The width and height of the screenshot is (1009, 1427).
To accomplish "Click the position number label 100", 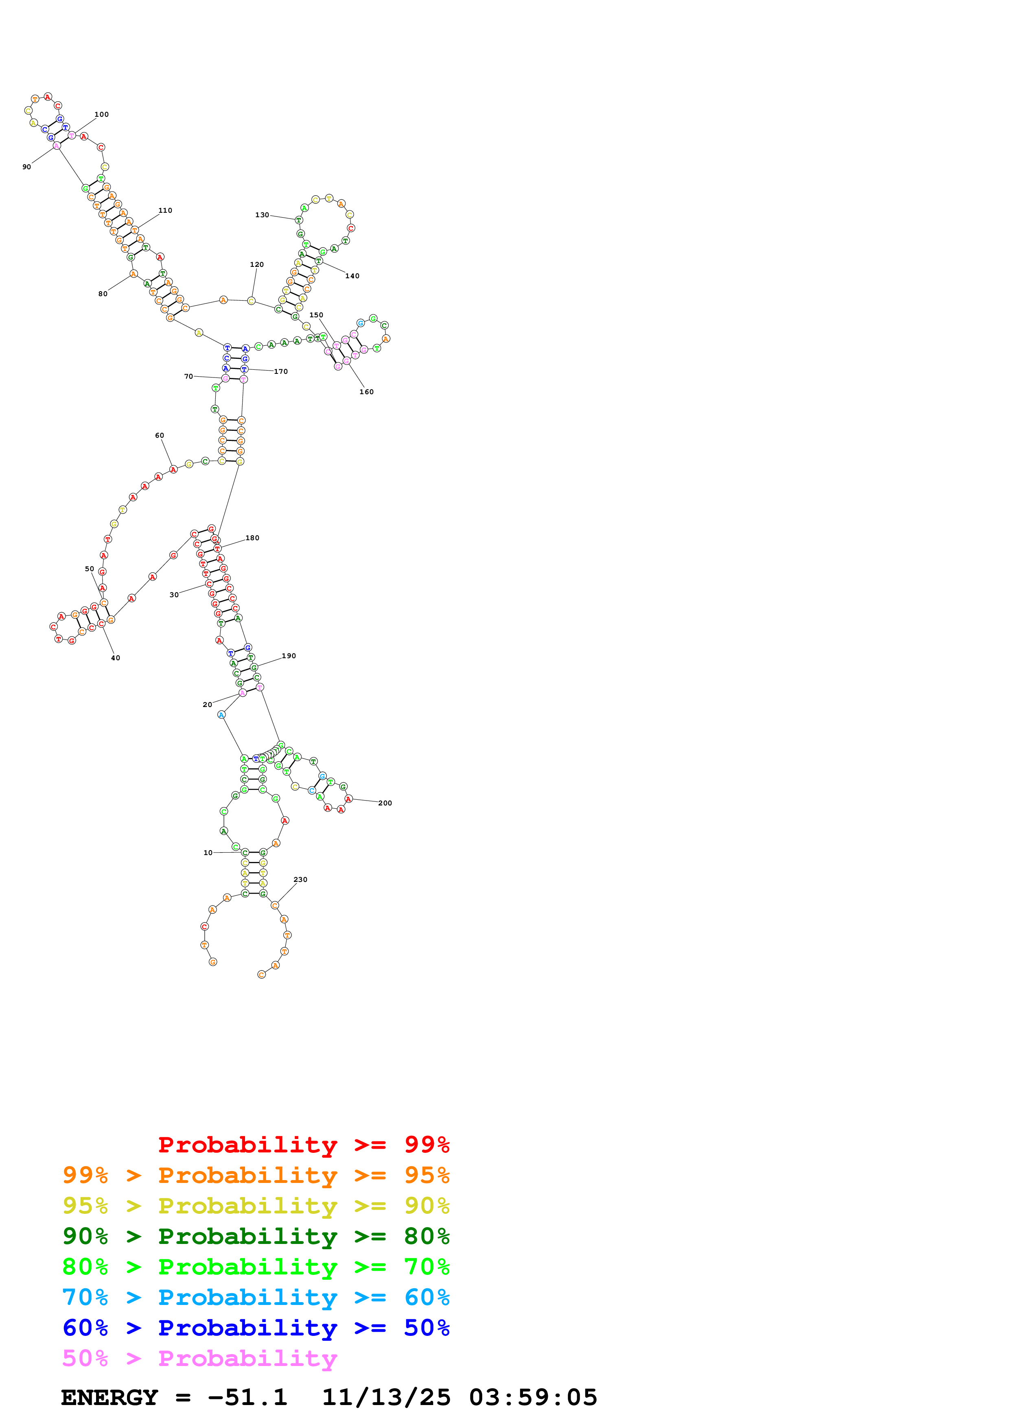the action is pyautogui.click(x=101, y=114).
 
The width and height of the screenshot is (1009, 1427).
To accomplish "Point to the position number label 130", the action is pyautogui.click(x=262, y=215).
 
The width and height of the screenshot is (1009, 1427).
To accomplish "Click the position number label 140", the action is pyautogui.click(x=352, y=276).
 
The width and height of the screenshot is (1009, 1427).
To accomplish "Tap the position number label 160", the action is pyautogui.click(x=366, y=392).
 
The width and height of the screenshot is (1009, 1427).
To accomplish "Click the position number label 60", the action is pyautogui.click(x=159, y=436).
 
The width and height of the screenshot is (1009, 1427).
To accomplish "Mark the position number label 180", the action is pyautogui.click(x=252, y=538).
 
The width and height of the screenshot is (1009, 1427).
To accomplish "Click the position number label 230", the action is pyautogui.click(x=300, y=880).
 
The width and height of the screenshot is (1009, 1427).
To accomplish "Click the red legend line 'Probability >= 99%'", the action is pyautogui.click(x=303, y=1145).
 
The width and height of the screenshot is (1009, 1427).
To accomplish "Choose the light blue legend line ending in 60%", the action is pyautogui.click(x=256, y=1297).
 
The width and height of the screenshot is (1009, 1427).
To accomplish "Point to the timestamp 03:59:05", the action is pyautogui.click(x=533, y=1397).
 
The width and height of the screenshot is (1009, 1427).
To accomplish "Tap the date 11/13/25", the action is pyautogui.click(x=386, y=1397).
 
